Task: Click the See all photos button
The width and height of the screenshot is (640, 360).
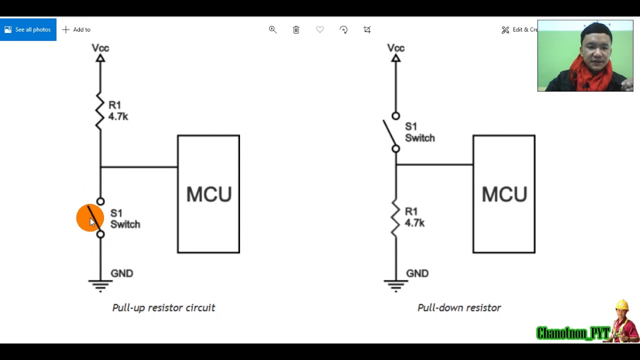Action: tap(28, 29)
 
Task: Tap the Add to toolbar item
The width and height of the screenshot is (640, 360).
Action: tap(76, 29)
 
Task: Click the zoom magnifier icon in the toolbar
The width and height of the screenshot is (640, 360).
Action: tap(272, 29)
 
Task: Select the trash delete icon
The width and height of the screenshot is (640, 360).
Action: tap(296, 29)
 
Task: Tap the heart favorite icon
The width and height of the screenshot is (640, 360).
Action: tap(320, 29)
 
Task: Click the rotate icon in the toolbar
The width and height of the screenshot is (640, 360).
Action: tap(343, 29)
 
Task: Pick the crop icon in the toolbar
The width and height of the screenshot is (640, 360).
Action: tap(367, 29)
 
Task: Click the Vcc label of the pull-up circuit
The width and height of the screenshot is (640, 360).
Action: tap(100, 48)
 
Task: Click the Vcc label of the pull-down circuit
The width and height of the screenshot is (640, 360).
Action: tap(395, 48)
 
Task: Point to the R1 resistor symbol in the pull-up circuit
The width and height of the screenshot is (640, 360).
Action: tap(100, 111)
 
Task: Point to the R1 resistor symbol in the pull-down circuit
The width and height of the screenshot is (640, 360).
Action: tap(395, 218)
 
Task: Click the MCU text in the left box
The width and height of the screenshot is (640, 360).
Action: tap(208, 194)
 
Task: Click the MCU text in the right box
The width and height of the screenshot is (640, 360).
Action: tap(504, 194)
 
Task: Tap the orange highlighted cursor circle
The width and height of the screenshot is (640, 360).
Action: tap(90, 218)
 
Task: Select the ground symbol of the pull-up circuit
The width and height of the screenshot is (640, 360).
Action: tap(100, 285)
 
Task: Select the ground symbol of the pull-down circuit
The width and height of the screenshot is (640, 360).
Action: tap(395, 285)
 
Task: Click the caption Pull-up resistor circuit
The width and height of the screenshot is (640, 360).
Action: tap(163, 307)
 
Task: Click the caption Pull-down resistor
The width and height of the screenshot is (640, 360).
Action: tap(459, 307)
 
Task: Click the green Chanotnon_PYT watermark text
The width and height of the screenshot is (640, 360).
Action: tap(572, 333)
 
